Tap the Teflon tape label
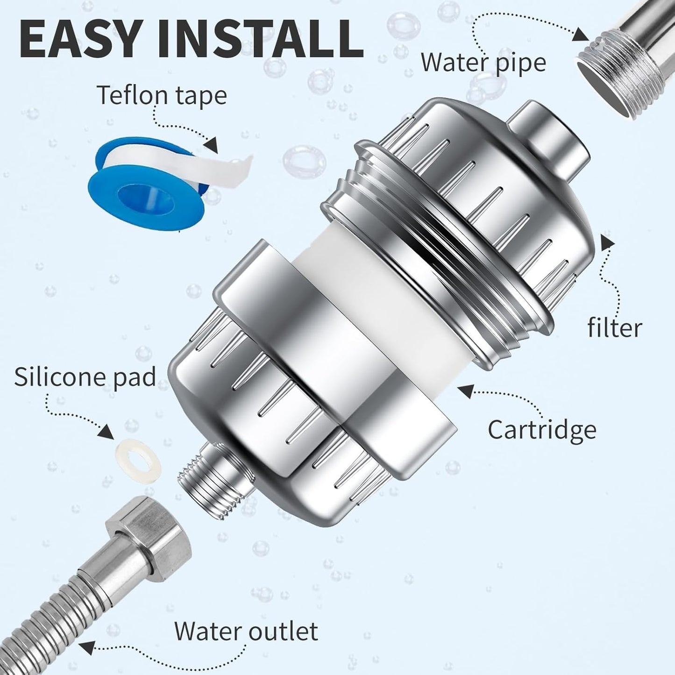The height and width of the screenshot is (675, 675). click(x=162, y=95)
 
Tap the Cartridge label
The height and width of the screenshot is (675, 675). click(x=542, y=430)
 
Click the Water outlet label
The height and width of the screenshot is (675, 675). click(x=246, y=632)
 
